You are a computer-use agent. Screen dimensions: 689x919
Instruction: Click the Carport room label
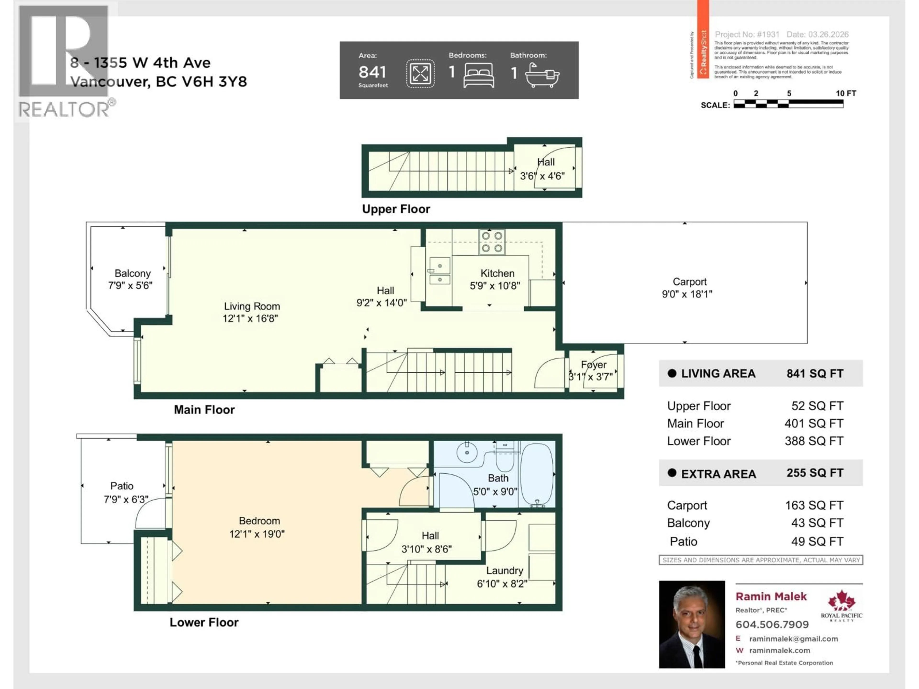click(x=689, y=282)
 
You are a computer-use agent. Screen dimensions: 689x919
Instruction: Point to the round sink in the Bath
click(x=467, y=452)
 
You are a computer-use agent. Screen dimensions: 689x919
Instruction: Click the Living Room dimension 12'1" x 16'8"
click(x=250, y=319)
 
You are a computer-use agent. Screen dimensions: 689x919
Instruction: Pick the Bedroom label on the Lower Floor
click(x=259, y=521)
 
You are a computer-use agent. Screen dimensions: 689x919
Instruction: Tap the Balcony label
click(x=133, y=273)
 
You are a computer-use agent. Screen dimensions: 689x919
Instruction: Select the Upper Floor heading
click(x=396, y=209)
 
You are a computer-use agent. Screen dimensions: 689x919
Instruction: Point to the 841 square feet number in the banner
click(x=372, y=72)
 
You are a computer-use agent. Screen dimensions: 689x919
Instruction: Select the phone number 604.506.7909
click(x=772, y=624)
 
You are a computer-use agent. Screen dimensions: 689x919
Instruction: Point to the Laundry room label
click(x=504, y=571)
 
